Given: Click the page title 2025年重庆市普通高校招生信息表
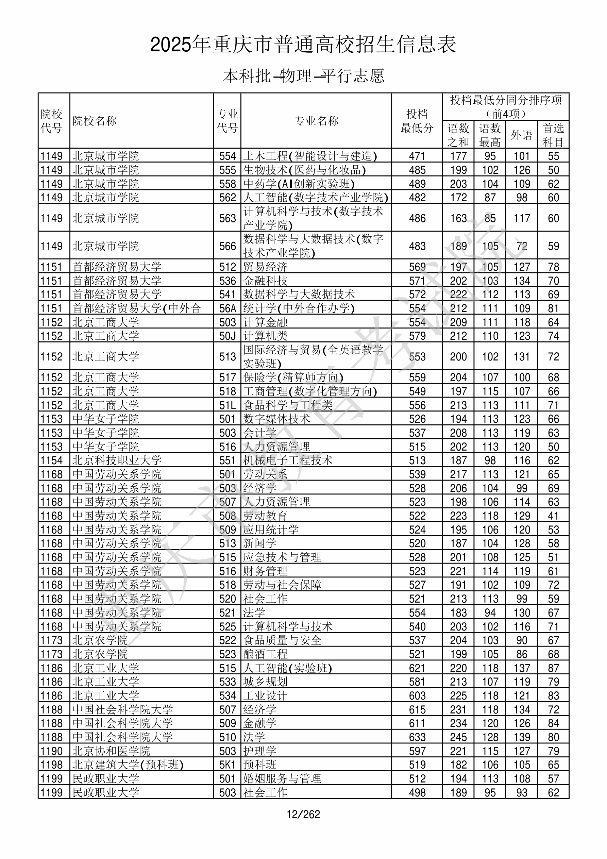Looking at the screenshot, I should click(x=303, y=45).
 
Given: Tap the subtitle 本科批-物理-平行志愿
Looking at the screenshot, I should click(x=303, y=76).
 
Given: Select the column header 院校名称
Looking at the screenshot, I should click(x=95, y=121).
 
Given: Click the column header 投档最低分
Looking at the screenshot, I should click(x=417, y=121).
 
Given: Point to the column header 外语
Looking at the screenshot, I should click(x=521, y=135).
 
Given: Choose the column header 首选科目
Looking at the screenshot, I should click(x=553, y=135).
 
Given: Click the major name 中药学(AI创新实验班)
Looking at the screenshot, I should click(x=299, y=184).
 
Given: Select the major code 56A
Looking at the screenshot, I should click(x=227, y=308).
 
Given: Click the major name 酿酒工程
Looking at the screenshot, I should click(x=265, y=654).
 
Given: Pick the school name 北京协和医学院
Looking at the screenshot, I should click(x=111, y=751).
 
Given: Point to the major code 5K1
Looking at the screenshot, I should click(x=227, y=764).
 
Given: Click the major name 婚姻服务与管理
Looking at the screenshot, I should click(x=282, y=778).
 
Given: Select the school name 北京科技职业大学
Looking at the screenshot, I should click(x=117, y=460).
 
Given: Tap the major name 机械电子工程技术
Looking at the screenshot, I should click(x=287, y=460).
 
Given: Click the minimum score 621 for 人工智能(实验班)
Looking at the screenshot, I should click(x=417, y=668).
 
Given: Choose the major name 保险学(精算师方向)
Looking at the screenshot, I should click(x=293, y=377).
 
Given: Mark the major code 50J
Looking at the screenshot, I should click(x=227, y=336).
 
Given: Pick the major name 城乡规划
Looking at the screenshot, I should click(x=265, y=682).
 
